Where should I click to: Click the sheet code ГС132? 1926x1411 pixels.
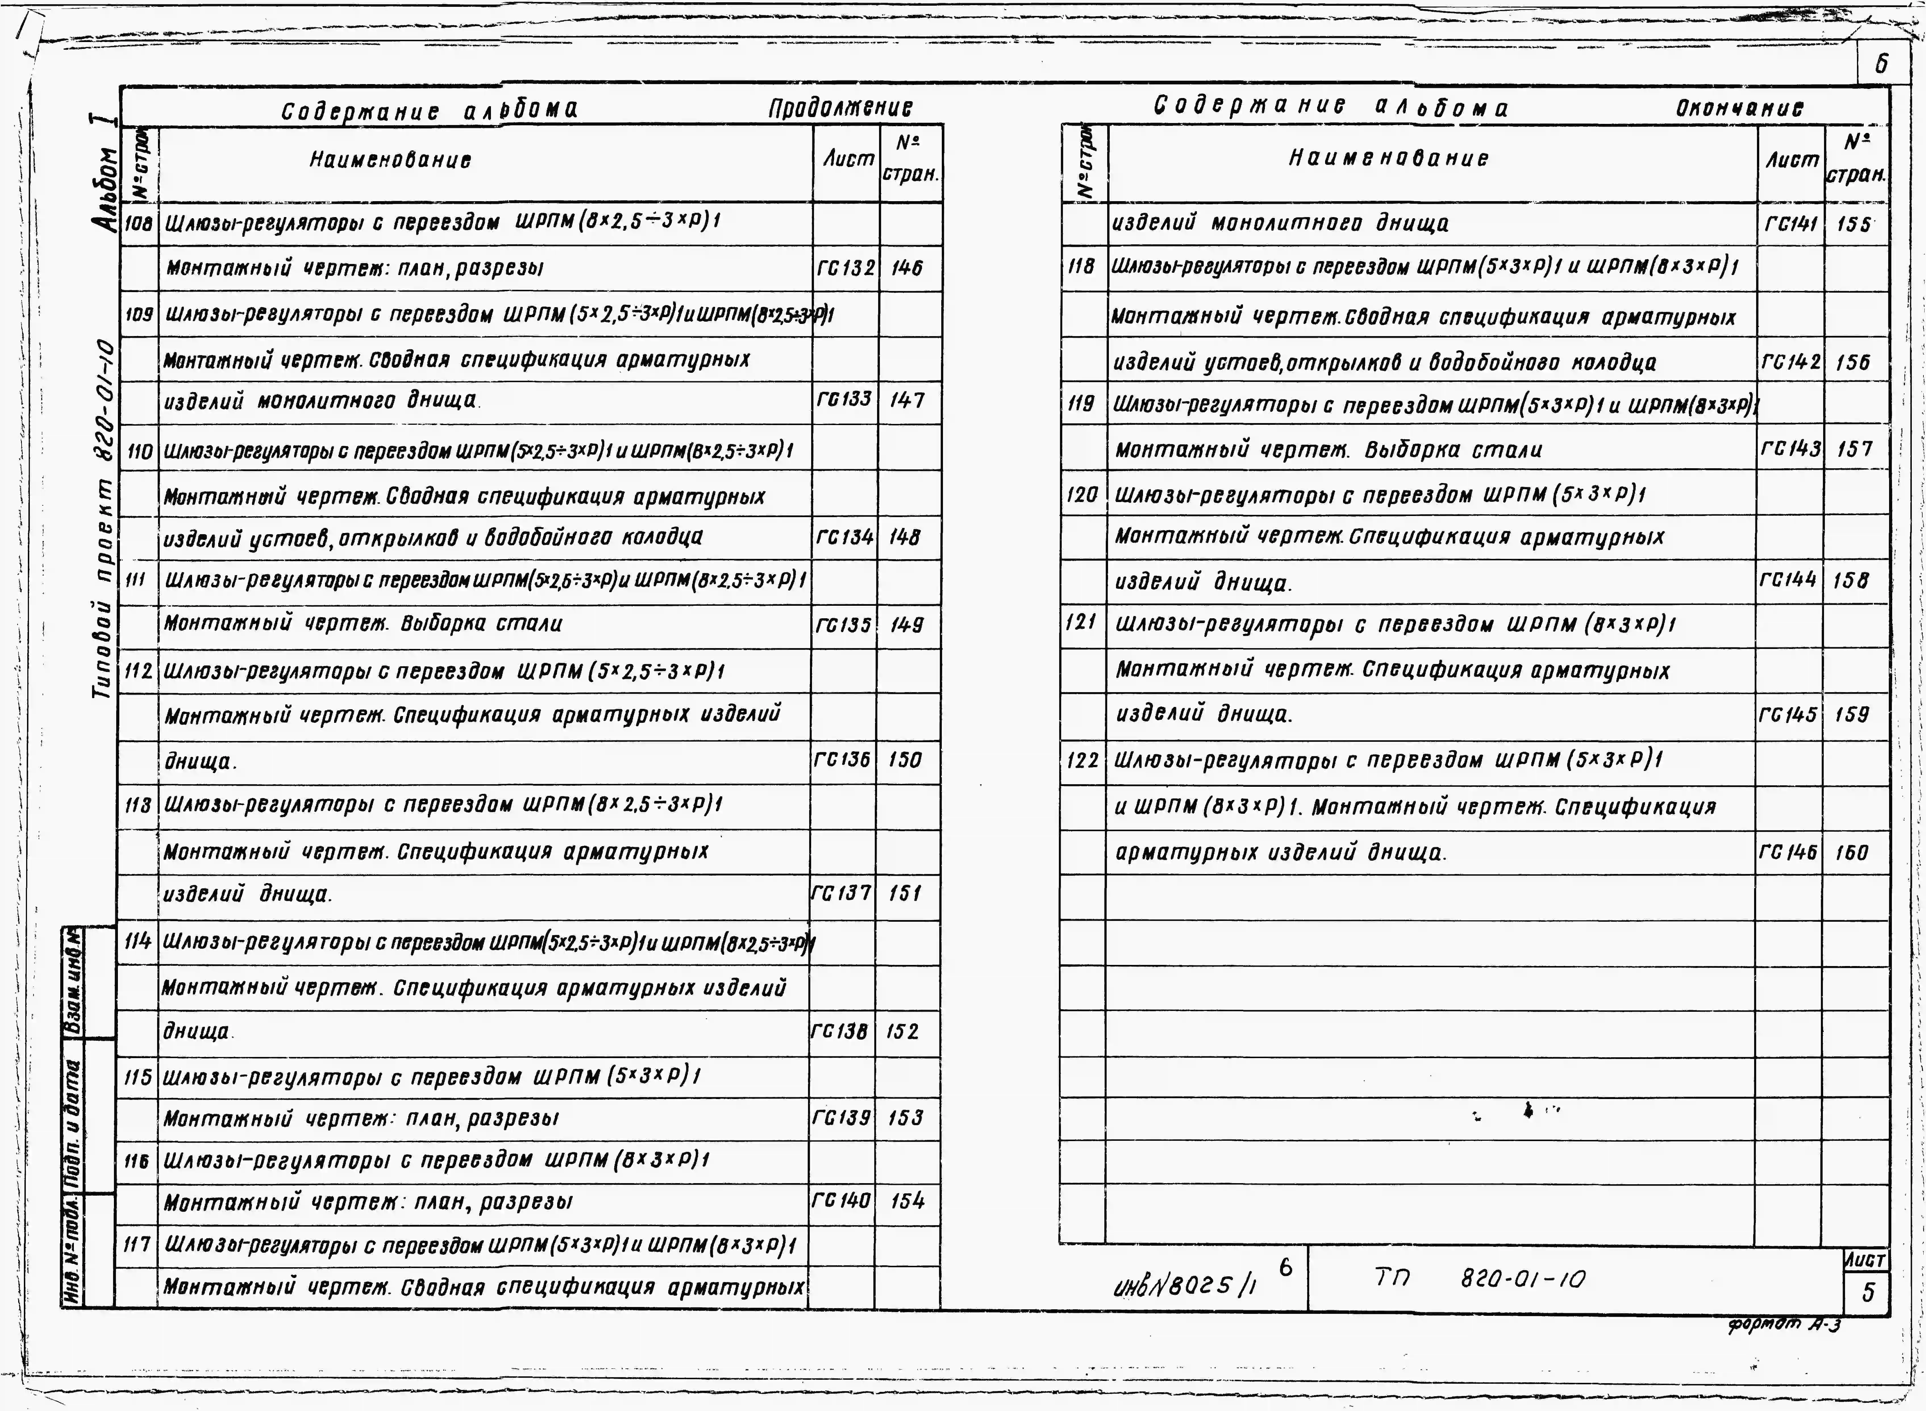[x=846, y=268]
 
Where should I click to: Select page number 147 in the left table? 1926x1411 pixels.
[x=907, y=400]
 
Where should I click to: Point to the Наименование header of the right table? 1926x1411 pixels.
[x=1388, y=158]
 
